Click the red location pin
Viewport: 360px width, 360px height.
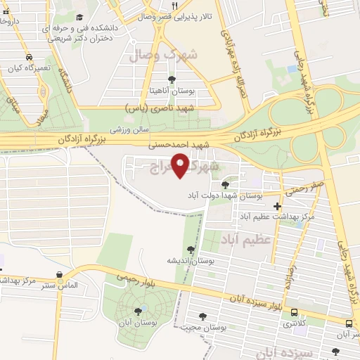click(182, 167)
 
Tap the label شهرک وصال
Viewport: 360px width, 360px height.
click(169, 54)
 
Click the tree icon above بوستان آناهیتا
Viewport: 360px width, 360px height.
click(172, 79)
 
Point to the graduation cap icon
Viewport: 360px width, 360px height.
click(79, 16)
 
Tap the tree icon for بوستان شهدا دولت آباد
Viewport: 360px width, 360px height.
click(224, 185)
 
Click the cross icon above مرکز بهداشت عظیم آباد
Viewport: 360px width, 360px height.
click(278, 207)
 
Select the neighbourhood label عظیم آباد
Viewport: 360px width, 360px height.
click(247, 241)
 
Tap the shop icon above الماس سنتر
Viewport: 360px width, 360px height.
click(59, 275)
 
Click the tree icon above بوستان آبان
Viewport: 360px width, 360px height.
click(138, 310)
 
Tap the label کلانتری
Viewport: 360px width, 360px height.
click(293, 324)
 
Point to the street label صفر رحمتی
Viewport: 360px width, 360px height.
click(303, 189)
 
